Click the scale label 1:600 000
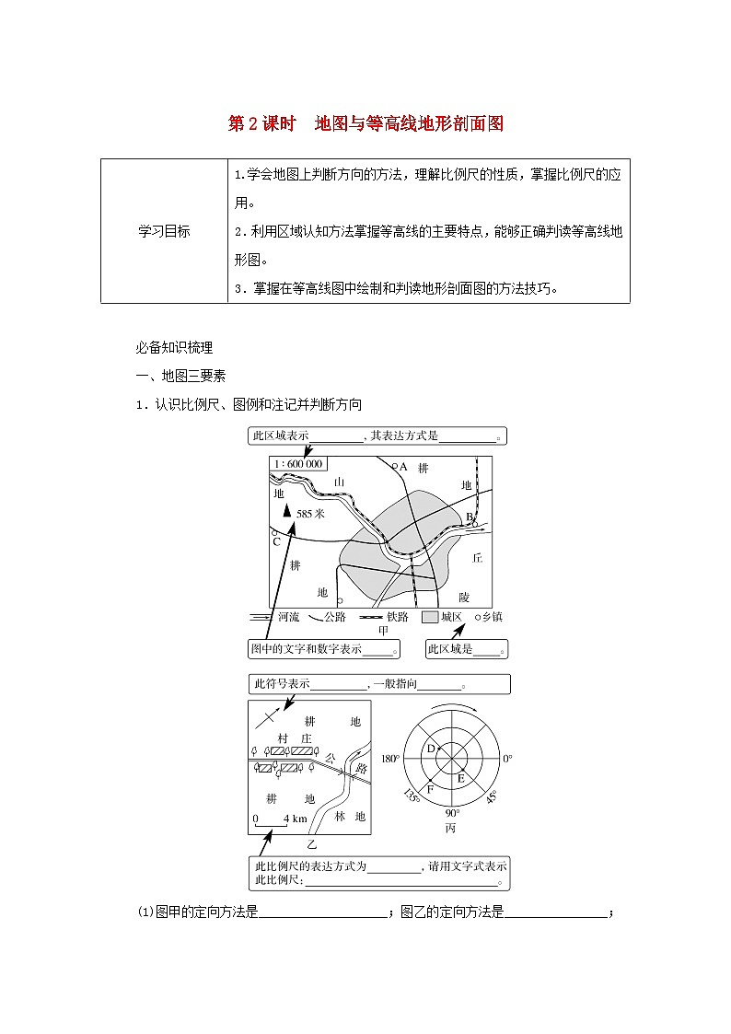tap(297, 464)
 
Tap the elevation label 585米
tap(311, 515)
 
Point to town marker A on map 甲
tap(394, 467)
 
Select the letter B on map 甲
tap(469, 516)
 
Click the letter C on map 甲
tap(275, 542)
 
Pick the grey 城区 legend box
tap(429, 617)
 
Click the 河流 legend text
tap(288, 617)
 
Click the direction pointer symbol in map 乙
tap(268, 716)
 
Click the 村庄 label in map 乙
tap(295, 738)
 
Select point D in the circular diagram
tap(430, 749)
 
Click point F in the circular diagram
tap(429, 788)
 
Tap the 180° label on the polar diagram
tap(390, 759)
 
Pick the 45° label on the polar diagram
tap(492, 795)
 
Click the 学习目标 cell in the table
tap(164, 232)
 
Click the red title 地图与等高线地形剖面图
tap(410, 123)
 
